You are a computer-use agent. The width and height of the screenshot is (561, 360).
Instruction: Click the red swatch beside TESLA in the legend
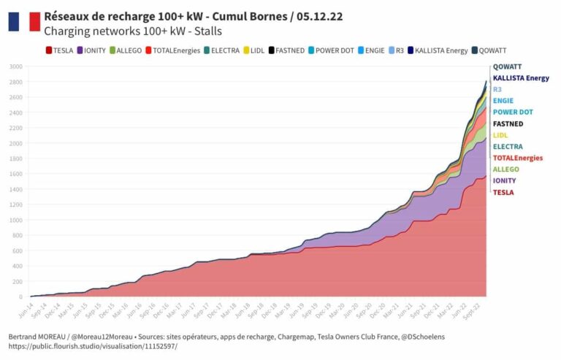pyautogui.click(x=48, y=50)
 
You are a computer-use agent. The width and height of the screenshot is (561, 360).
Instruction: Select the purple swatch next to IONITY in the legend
pyautogui.click(x=79, y=50)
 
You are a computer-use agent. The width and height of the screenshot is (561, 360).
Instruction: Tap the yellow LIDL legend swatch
pyautogui.click(x=246, y=50)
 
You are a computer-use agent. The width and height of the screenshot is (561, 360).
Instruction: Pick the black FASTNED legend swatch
pyautogui.click(x=272, y=50)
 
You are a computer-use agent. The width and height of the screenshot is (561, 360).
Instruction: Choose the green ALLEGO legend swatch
pyautogui.click(x=113, y=50)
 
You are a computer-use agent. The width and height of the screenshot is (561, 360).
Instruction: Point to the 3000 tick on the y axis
pyautogui.click(x=16, y=66)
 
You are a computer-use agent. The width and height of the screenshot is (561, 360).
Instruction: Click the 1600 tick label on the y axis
pyautogui.click(x=16, y=174)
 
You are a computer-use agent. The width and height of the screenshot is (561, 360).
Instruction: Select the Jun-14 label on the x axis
pyautogui.click(x=26, y=312)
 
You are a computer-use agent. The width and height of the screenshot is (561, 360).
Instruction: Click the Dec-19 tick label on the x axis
pyautogui.click(x=318, y=313)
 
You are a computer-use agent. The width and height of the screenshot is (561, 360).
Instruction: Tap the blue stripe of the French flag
pyautogui.click(x=13, y=22)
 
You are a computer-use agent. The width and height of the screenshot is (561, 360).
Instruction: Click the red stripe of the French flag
pyautogui.click(x=34, y=22)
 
